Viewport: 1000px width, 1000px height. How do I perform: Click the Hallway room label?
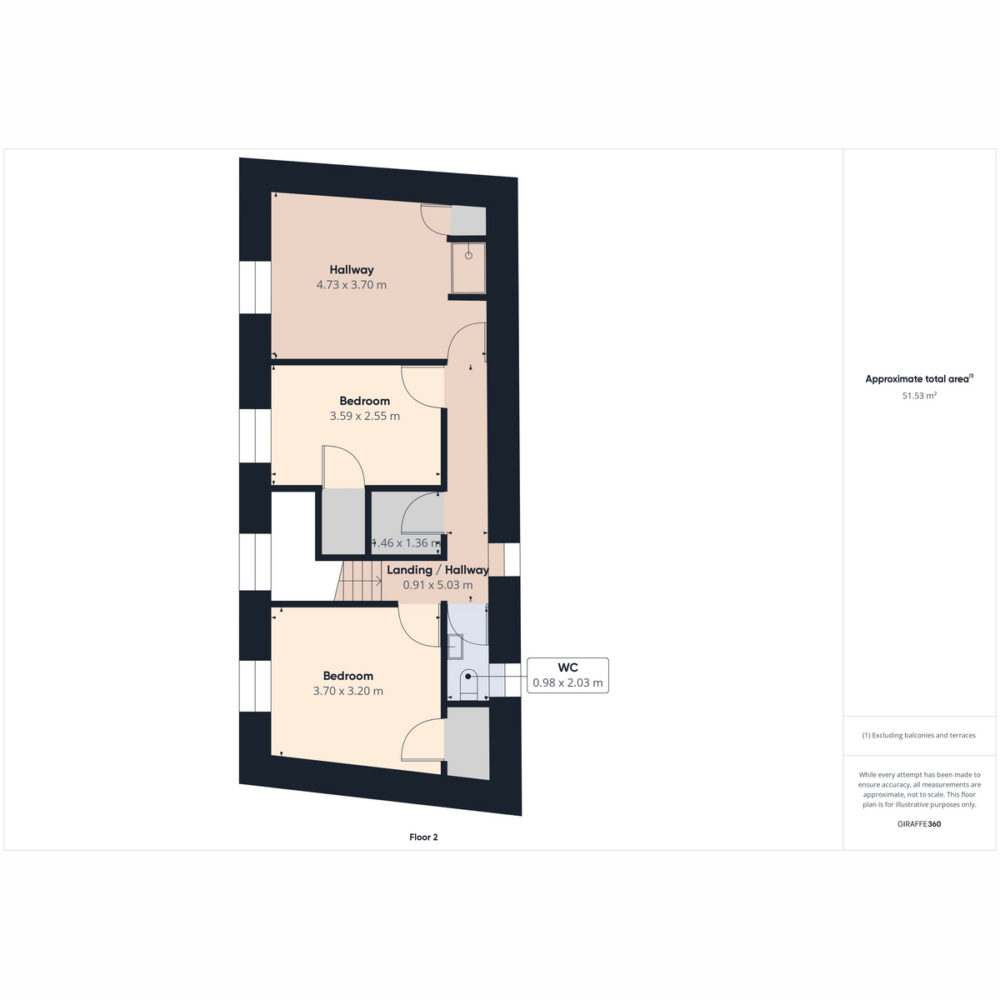tap(352, 270)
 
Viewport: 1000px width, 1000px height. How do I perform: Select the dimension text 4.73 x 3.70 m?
tap(352, 285)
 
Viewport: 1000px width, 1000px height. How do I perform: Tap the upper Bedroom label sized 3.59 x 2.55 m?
tap(364, 401)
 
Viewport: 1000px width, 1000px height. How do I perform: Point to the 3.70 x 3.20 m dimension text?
tap(347, 691)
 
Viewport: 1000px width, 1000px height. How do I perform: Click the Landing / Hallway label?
tap(437, 570)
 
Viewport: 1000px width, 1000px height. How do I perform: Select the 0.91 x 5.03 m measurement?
tap(437, 585)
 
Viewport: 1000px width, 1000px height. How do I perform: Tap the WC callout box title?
tap(567, 667)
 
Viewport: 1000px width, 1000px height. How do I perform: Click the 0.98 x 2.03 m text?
tap(567, 683)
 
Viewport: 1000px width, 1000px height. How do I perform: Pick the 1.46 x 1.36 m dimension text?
tap(407, 542)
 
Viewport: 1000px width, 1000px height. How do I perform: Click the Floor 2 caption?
tap(423, 837)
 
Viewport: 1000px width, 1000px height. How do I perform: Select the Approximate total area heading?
tap(919, 379)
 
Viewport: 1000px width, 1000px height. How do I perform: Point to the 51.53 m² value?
tap(919, 396)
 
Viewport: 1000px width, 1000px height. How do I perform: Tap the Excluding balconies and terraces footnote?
tap(919, 735)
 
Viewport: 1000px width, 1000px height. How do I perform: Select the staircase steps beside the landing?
tap(358, 581)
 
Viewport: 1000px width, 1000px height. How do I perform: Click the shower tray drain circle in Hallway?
tap(468, 256)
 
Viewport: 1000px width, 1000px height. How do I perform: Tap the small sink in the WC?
tap(455, 647)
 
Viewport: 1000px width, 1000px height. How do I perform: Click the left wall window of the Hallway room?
tap(255, 287)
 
